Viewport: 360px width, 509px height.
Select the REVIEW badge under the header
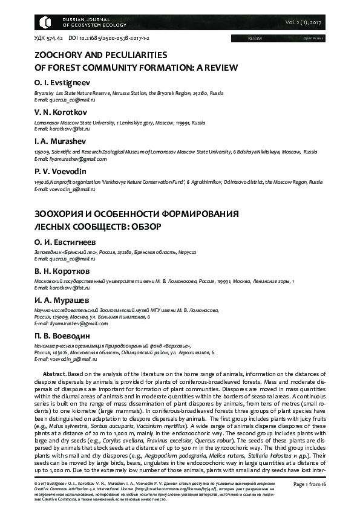pyautogui.click(x=255, y=38)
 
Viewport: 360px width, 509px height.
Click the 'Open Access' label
pyautogui.click(x=313, y=38)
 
